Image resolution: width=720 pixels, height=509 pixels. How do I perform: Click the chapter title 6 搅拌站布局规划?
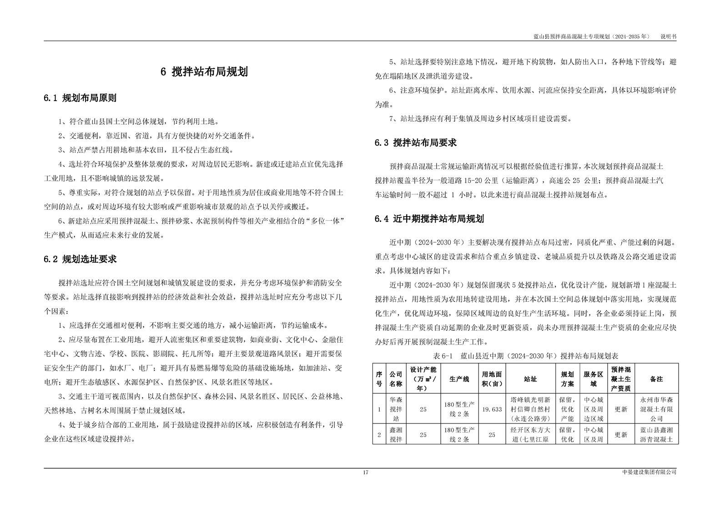coord(204,72)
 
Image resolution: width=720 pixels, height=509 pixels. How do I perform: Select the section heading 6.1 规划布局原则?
coord(80,98)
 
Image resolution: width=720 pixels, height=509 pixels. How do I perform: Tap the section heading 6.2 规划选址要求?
coord(80,260)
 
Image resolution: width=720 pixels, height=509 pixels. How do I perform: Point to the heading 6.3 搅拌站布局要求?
coord(416,143)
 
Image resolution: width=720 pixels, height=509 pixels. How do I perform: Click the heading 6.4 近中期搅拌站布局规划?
coord(429,219)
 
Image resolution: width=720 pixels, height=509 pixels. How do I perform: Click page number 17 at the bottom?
coord(366,472)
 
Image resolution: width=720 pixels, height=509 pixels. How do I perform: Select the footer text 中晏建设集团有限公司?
coord(649,472)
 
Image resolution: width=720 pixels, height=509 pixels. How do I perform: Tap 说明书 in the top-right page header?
coord(668,36)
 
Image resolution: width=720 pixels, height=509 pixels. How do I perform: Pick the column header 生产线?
coord(459,379)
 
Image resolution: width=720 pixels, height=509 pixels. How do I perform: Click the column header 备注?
coord(656,379)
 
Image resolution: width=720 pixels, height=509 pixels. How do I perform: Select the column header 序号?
coord(379,379)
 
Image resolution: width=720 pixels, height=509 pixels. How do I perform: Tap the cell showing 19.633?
coord(492,409)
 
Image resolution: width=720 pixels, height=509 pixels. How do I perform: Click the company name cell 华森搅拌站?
coord(396,409)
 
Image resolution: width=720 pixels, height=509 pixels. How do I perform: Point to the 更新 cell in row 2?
coord(621,435)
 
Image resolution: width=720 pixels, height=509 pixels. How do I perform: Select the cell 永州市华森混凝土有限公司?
coord(656,409)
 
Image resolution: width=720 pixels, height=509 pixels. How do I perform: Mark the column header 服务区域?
coord(593,379)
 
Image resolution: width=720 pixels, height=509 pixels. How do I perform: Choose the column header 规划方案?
coord(567,379)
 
